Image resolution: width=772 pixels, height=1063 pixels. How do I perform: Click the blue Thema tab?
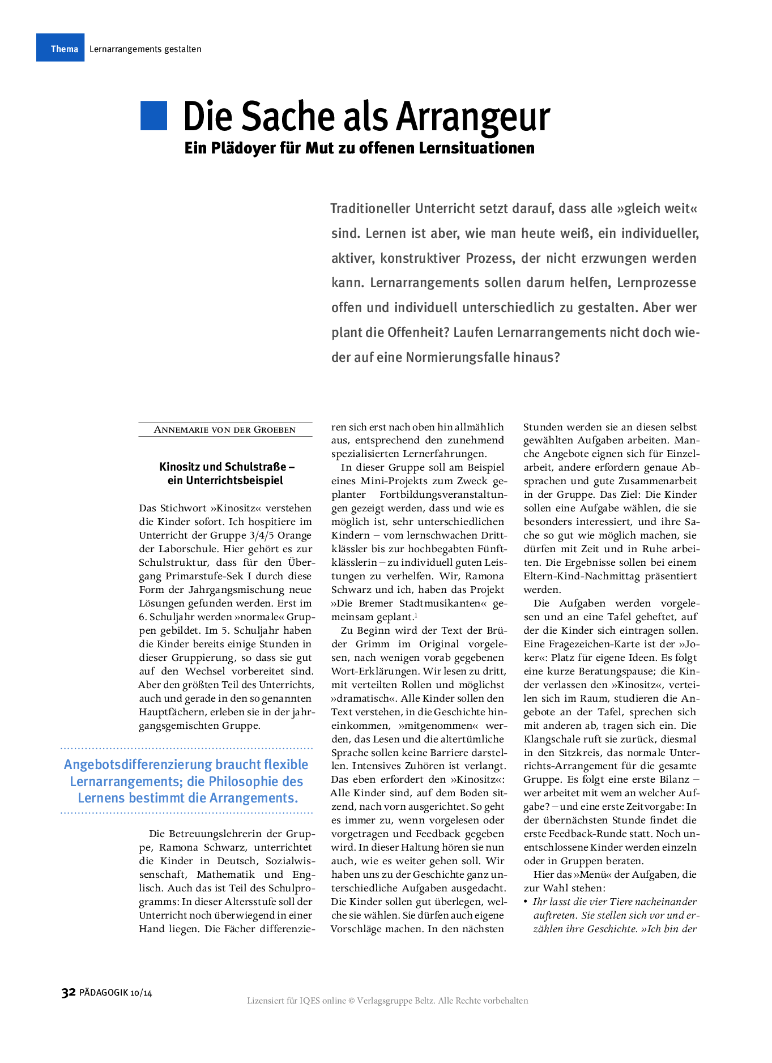point(61,48)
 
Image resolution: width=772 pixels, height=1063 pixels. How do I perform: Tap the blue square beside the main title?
point(153,116)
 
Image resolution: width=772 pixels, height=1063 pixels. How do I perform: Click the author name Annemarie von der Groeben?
point(225,429)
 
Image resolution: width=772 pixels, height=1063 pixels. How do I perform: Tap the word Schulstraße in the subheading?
point(256,467)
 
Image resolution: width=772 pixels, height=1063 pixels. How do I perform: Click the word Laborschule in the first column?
point(188,549)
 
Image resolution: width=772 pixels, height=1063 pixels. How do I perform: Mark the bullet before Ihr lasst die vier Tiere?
point(526,902)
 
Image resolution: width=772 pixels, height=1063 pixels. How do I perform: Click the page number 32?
point(68,993)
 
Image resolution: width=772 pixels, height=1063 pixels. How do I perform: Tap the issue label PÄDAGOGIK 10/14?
point(116,993)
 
